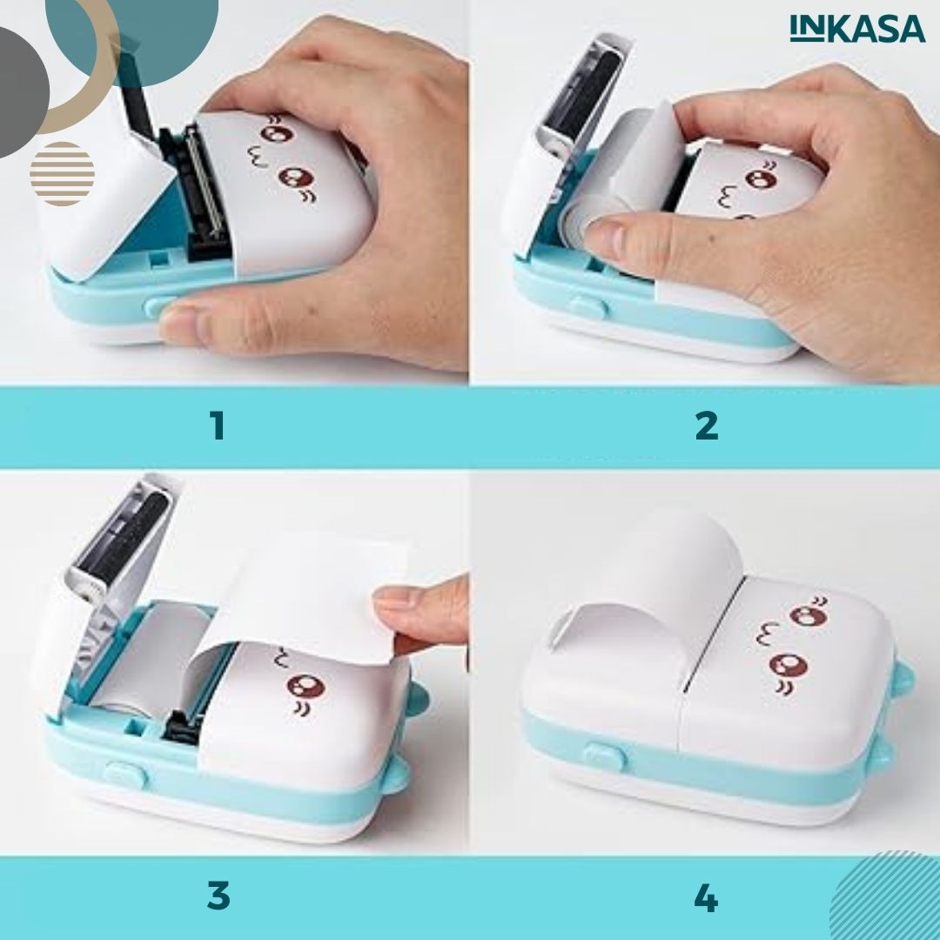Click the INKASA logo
point(857,29)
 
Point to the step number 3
point(218,896)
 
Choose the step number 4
point(706,898)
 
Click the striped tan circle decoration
point(62,173)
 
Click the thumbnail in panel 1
point(186,323)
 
